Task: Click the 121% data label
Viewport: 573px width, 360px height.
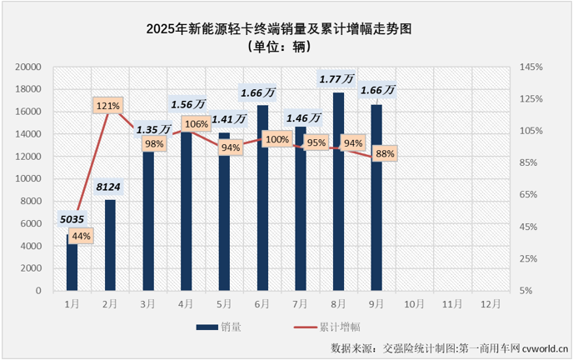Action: [108, 106]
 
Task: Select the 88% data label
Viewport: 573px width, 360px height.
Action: [385, 153]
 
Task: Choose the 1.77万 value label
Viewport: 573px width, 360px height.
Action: [337, 79]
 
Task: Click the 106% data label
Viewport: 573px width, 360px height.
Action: [197, 124]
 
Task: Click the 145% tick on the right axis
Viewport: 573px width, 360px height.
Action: [531, 67]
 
